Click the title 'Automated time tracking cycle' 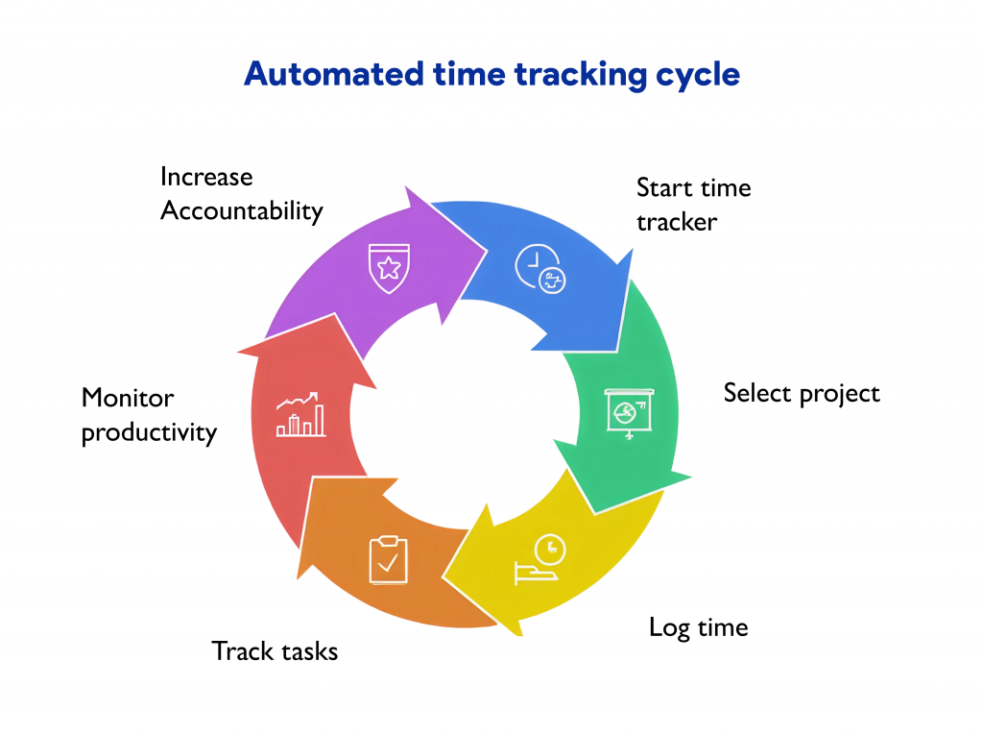click(x=491, y=74)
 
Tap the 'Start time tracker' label click(x=693, y=205)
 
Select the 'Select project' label click(x=802, y=393)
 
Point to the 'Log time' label click(x=698, y=628)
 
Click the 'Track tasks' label click(x=275, y=651)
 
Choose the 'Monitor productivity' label click(x=149, y=415)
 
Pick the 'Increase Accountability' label click(x=241, y=194)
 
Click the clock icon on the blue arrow click(x=540, y=268)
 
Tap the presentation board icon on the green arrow click(x=629, y=412)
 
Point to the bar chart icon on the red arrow click(x=300, y=415)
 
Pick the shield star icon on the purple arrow click(x=389, y=267)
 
